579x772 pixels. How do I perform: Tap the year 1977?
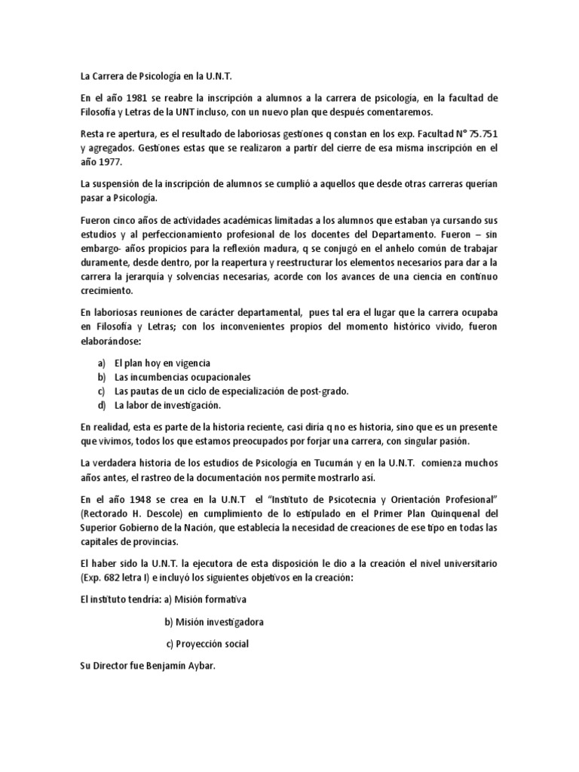coord(111,161)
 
